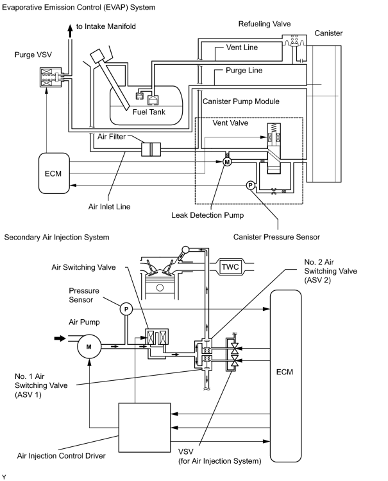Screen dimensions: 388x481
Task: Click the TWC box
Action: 230,267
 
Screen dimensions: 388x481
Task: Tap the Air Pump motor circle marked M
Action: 89,347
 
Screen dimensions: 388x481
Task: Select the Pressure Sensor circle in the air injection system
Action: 126,309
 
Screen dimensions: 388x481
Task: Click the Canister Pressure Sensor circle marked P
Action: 251,185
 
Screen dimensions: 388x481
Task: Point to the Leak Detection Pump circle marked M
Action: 227,162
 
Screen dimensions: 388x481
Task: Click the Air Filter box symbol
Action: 151,150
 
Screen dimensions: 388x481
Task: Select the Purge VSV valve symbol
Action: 51,77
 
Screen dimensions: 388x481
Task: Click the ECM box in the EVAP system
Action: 54,173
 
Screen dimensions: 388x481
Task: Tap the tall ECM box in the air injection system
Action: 285,376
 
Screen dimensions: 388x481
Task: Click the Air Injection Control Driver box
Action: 144,427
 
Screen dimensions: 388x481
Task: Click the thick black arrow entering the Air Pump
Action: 60,338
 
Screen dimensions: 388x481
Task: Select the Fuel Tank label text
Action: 149,112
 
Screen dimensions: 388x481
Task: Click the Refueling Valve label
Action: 265,24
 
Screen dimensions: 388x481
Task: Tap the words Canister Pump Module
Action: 241,101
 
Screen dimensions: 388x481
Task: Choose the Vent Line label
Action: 242,48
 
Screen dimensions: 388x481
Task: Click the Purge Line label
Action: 244,71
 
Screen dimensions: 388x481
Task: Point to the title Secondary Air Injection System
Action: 56,238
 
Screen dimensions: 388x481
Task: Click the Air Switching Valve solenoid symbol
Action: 156,337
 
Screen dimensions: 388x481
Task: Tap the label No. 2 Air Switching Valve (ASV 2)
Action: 330,271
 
